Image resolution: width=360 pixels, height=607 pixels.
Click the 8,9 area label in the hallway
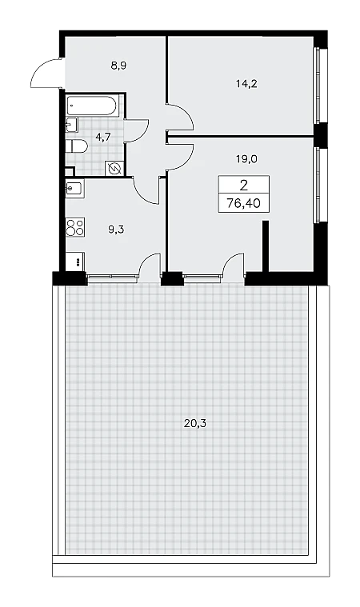(x=119, y=66)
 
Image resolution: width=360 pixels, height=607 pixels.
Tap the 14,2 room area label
(x=246, y=83)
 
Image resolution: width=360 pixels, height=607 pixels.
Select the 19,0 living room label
(x=247, y=158)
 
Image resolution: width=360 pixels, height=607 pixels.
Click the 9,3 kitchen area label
(x=116, y=230)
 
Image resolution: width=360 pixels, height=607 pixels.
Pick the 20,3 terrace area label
(x=195, y=424)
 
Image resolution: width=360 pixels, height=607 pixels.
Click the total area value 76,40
(x=243, y=203)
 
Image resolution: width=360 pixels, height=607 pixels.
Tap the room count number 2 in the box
(x=243, y=186)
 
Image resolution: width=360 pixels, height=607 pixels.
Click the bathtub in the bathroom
(x=91, y=106)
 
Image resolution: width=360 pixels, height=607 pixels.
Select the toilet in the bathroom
(x=77, y=146)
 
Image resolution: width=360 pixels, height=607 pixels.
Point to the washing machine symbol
(x=114, y=169)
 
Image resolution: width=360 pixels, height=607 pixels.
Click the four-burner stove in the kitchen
(x=75, y=227)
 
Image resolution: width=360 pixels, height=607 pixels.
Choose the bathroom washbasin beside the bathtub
(x=72, y=124)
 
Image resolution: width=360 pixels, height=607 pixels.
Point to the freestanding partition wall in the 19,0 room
(x=266, y=246)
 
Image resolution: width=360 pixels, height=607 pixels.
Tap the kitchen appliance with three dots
(x=75, y=262)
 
